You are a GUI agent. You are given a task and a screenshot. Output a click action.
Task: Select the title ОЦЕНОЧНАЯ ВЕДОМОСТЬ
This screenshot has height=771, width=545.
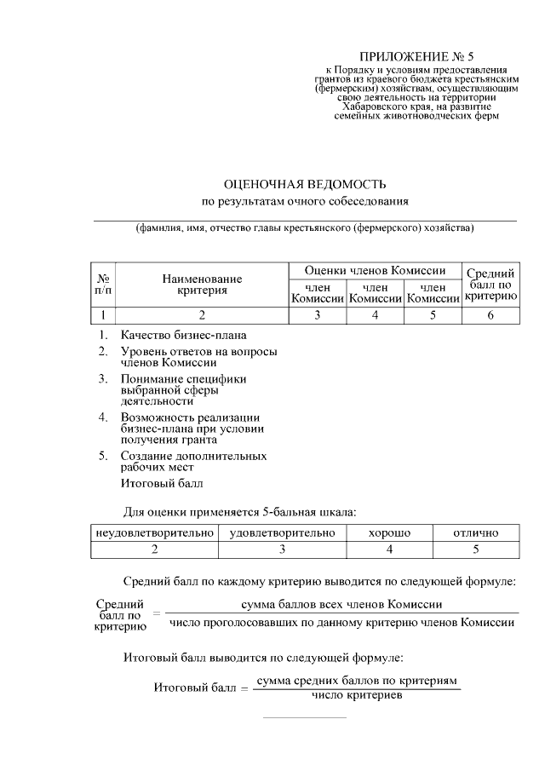305,184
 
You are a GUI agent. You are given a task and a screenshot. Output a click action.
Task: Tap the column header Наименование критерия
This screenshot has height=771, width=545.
203,285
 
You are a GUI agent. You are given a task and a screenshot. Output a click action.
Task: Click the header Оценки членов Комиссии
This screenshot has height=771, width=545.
375,270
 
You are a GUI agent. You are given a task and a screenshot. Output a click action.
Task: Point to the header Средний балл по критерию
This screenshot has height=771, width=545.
491,285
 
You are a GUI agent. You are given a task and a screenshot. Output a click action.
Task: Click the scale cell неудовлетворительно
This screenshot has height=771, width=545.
154,532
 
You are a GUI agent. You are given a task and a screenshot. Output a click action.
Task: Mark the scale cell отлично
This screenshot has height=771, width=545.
475,532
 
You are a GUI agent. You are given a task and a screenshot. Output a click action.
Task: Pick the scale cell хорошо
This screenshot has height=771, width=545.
389,532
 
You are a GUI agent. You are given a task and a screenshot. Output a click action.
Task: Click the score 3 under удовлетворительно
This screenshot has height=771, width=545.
282,549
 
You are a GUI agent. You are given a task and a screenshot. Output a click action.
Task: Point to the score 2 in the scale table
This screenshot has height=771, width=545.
154,549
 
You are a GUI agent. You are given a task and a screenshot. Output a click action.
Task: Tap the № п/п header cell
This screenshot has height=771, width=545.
103,285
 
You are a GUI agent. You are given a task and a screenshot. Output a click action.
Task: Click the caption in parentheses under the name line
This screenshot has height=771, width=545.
304,228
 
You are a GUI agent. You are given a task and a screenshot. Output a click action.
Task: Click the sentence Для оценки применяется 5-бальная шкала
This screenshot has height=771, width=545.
240,511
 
